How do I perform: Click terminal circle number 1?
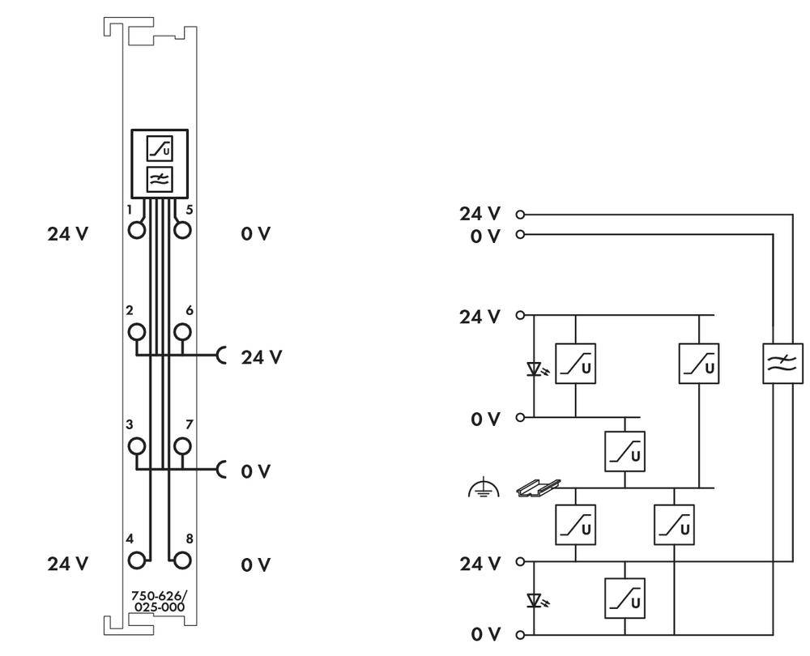[x=137, y=230]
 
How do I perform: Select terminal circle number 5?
[x=182, y=230]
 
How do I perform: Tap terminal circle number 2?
[x=137, y=331]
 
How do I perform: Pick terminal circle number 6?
[x=182, y=331]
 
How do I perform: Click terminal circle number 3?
[x=137, y=445]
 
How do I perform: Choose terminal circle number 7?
[x=182, y=445]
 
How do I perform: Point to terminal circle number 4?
[x=137, y=560]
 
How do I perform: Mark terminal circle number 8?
[x=182, y=560]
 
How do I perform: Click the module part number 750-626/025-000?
[x=158, y=601]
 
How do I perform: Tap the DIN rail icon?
[x=539, y=487]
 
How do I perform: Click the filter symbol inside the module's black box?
[x=159, y=180]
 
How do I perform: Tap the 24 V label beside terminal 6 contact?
[x=261, y=356]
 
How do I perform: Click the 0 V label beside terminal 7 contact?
[x=256, y=471]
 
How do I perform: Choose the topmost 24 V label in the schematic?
[x=480, y=214]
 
